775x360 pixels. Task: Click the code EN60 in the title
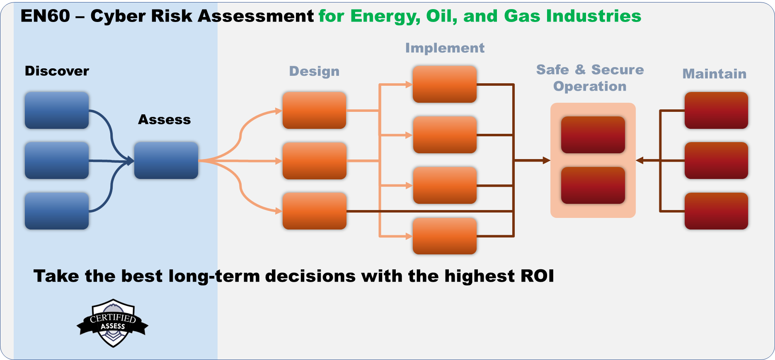(45, 16)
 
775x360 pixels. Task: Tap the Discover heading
(57, 71)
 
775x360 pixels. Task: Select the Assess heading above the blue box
(164, 120)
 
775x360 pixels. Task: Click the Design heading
(314, 71)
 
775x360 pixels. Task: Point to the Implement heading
(445, 48)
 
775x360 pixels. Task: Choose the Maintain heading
(714, 74)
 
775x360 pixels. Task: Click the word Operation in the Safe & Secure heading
(590, 87)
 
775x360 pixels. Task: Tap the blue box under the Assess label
(166, 160)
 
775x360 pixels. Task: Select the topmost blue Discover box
(57, 110)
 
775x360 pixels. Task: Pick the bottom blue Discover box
(57, 211)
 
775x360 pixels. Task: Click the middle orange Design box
(314, 160)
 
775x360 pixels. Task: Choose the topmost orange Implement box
(444, 84)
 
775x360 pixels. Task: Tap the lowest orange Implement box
(444, 236)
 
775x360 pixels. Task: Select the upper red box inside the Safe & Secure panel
(593, 135)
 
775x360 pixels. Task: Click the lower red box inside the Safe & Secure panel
(593, 185)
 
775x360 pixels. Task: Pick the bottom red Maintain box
(716, 211)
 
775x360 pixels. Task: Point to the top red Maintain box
(716, 110)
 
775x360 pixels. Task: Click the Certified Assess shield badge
(113, 323)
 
